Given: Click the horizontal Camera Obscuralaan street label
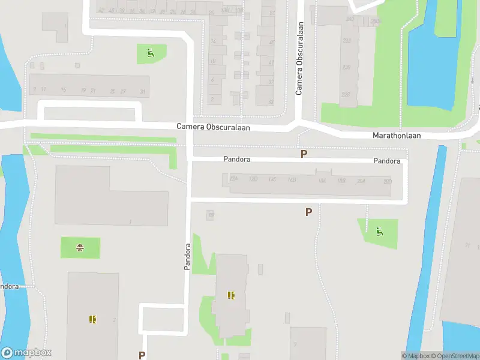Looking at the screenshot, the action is pos(213,127).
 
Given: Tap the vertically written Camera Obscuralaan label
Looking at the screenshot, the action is pos(299,58).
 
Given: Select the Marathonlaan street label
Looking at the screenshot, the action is pos(397,136).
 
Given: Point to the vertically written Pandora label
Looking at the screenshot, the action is pos(187,256).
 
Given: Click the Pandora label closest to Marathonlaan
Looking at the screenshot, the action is pos(386,161).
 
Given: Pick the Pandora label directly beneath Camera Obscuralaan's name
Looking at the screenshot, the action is pos(236,160).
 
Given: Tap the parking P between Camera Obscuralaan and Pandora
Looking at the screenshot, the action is pos(304,154).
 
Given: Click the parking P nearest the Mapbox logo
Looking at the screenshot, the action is pos(142,355).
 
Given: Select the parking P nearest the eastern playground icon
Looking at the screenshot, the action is pos(308,212).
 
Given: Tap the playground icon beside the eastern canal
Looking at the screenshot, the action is pos(379,231).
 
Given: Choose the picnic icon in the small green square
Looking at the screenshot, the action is pos(80,247).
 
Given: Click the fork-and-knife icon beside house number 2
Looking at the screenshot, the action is pos(92,319).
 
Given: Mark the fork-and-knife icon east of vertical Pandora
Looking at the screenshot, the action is pos(231,295).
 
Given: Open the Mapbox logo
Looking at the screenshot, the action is pos(26,353).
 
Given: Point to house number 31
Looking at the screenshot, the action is pos(142,91).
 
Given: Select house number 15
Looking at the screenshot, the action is pos(63,91).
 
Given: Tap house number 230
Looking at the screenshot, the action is pos(346,67).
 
